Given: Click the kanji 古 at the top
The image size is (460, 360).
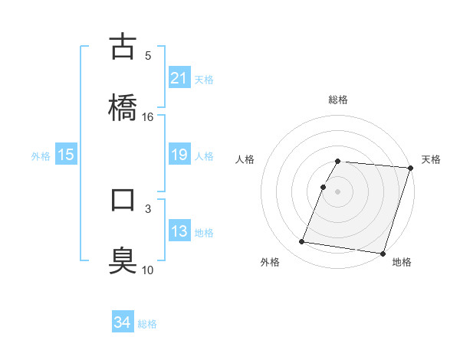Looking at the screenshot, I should (123, 47).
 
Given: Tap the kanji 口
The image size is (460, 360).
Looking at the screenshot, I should (123, 201).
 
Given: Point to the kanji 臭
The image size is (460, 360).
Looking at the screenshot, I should (123, 259).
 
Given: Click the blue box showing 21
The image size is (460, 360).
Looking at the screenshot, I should (179, 78).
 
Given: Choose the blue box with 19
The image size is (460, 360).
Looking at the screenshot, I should (179, 155).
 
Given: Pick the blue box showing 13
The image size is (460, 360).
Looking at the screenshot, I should (179, 231).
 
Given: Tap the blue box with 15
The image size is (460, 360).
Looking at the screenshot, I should (66, 155).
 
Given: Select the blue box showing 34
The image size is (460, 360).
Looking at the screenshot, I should (123, 323).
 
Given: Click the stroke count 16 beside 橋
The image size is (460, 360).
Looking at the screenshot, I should (148, 116).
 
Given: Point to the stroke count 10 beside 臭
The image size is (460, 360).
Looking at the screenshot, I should (148, 270).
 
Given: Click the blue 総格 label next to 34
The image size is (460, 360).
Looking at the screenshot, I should (148, 324).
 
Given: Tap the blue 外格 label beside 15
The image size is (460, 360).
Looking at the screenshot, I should (41, 156).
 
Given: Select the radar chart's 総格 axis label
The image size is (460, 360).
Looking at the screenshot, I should (338, 100).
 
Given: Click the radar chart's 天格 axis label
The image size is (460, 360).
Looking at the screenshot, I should (431, 159).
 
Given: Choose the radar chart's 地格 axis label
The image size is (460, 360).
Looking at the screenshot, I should (402, 262).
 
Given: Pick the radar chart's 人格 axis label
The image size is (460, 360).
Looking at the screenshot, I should (245, 159).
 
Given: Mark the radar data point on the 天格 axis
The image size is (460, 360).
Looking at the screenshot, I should (411, 167).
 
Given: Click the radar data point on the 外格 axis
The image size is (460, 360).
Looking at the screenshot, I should (302, 242).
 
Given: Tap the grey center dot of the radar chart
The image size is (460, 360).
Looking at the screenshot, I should (338, 191).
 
